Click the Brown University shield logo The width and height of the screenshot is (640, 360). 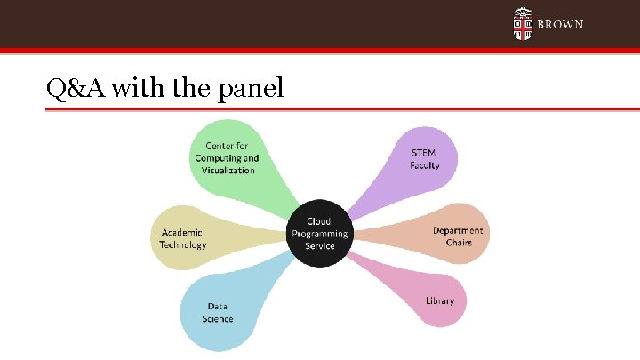pos(524,24)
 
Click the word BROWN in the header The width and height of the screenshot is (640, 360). pos(561,25)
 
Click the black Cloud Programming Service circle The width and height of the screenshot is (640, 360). pos(319,233)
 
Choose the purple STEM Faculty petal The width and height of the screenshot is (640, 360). pos(424,159)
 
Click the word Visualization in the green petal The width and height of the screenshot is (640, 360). pos(228,170)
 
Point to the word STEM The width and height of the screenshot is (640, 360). pos(424,153)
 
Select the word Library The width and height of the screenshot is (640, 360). pos(439,300)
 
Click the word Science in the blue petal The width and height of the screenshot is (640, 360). pos(218,318)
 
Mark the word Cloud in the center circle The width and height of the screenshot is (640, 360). pos(318,221)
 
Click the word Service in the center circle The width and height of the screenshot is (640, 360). pos(319,245)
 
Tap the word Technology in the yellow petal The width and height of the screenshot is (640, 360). pos(183,244)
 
